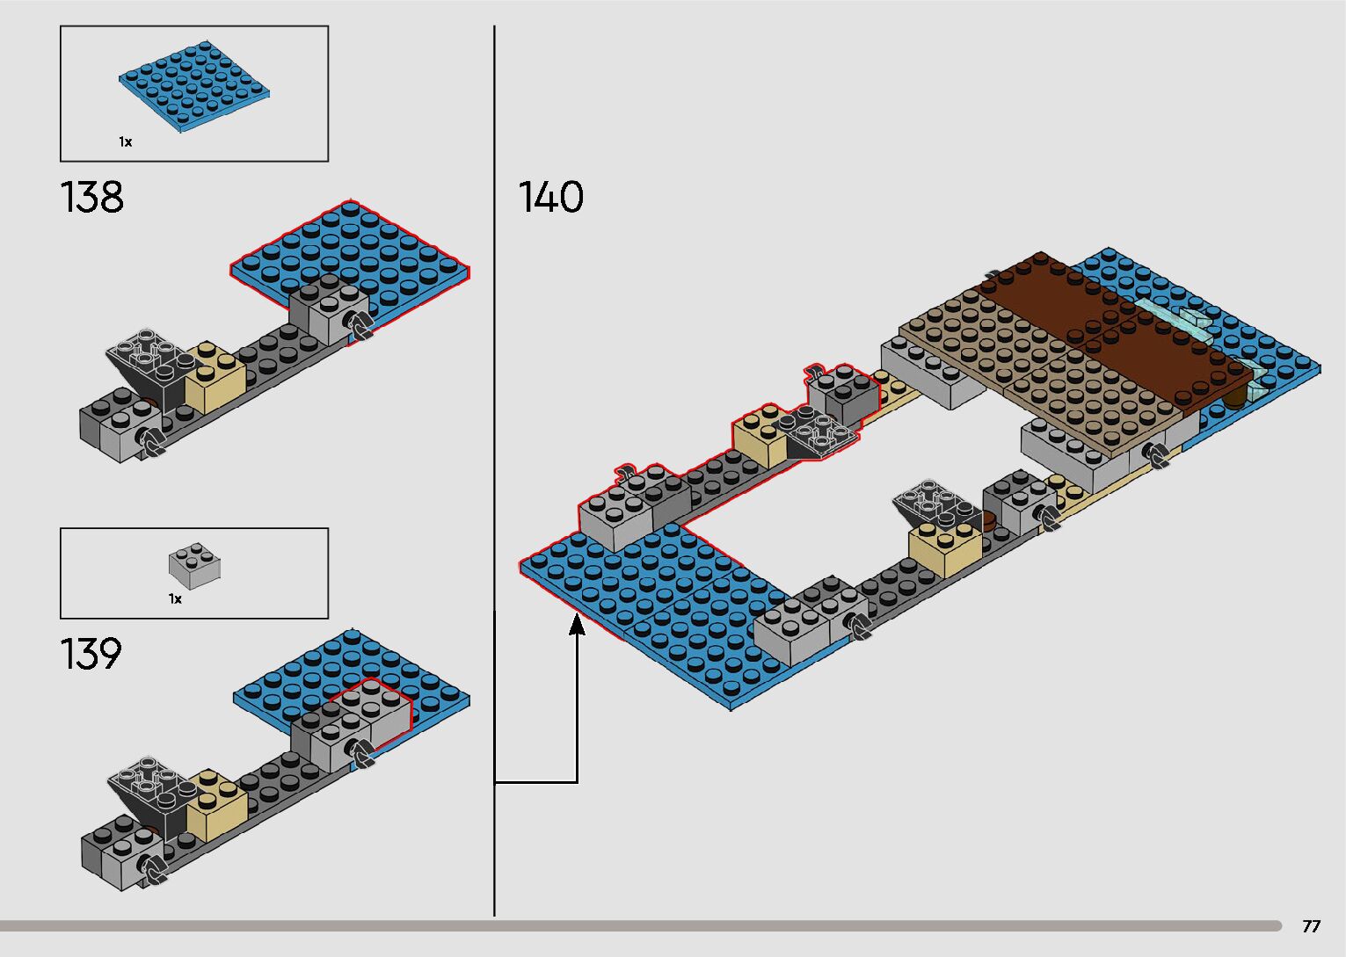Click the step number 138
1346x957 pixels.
point(92,197)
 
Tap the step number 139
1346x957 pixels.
point(91,654)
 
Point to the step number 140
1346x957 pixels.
point(550,197)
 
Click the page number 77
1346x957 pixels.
point(1312,925)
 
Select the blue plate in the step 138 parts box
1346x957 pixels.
point(194,86)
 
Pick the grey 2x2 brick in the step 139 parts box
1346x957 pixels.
point(194,566)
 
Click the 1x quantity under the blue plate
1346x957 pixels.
point(125,141)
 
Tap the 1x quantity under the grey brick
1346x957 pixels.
point(175,599)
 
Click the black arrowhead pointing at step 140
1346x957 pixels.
point(577,624)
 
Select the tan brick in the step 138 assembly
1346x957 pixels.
point(215,377)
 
